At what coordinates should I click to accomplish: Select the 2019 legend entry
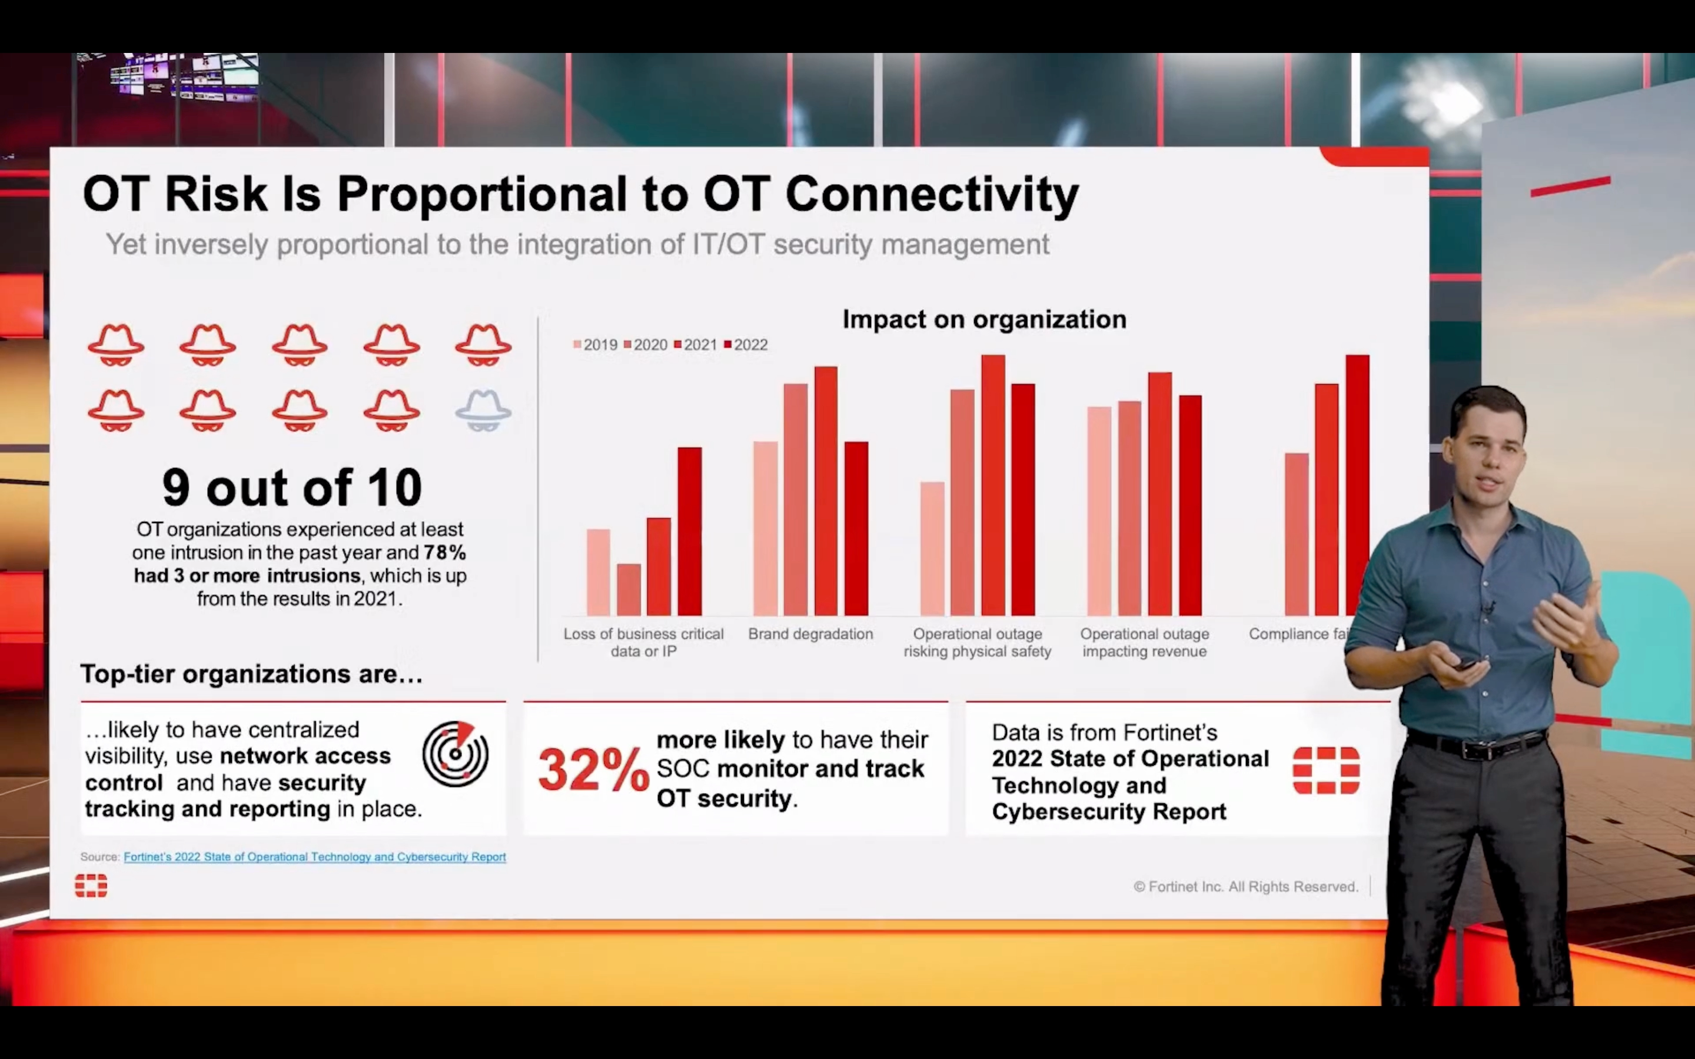596,345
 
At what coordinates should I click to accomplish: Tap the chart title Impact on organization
984,319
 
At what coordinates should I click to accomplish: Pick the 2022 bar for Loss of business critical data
689,532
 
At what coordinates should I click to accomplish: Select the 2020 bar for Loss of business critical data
629,590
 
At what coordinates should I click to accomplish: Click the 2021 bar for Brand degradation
826,491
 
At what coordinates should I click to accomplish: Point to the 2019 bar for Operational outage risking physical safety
932,549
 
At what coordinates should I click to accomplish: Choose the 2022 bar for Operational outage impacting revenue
1190,506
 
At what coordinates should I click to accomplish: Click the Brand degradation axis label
810,634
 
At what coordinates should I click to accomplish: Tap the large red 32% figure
593,769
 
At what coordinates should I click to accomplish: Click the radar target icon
456,754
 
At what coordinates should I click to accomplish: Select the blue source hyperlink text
314,857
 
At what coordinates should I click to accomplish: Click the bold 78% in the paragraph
445,552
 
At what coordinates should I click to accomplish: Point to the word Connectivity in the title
932,194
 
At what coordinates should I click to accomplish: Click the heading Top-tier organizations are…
251,674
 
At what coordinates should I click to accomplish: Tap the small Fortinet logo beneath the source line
91,886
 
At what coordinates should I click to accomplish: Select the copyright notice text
1245,887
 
